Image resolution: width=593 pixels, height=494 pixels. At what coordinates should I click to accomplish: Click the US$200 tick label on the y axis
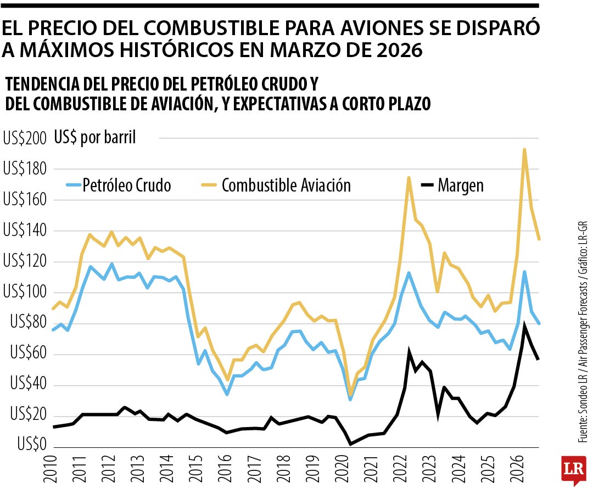point(25,138)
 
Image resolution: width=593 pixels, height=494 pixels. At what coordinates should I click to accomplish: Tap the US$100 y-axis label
point(25,292)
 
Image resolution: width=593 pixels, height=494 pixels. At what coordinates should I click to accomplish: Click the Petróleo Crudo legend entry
point(119,185)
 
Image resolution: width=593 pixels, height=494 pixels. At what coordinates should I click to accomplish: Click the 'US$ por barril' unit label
point(95,137)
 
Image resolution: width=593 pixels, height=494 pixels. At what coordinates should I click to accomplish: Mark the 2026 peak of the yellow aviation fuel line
point(524,149)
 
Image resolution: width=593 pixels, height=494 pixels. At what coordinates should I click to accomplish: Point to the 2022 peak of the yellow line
point(409,177)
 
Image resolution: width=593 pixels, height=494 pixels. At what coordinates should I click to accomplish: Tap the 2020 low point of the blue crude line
point(350,399)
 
